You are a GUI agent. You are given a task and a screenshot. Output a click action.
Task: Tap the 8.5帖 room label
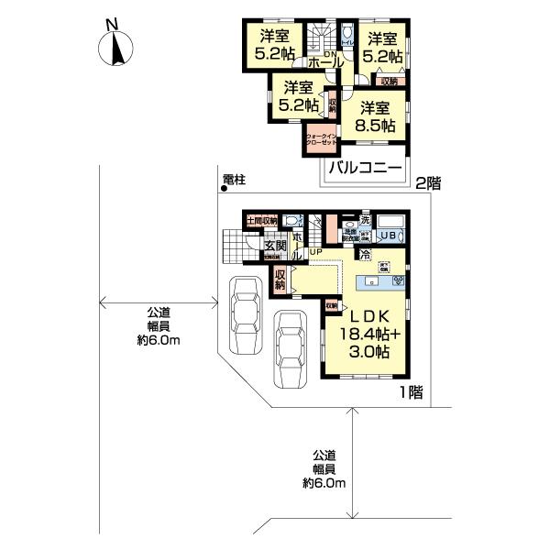(x=377, y=126)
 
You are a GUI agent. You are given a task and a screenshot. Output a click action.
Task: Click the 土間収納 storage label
(x=261, y=221)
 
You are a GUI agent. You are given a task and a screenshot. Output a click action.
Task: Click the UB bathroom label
(x=390, y=235)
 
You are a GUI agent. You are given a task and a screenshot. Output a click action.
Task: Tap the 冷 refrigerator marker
(x=364, y=254)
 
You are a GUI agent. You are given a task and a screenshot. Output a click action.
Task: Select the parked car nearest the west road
(x=247, y=314)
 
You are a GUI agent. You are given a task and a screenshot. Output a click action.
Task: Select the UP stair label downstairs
(x=314, y=252)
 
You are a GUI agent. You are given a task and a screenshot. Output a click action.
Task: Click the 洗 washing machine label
(x=364, y=220)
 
